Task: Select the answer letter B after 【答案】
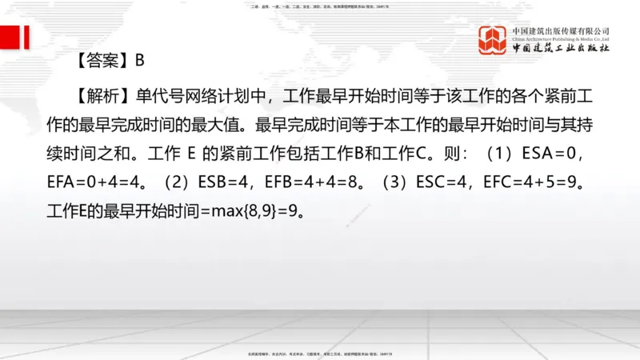click(139, 59)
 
